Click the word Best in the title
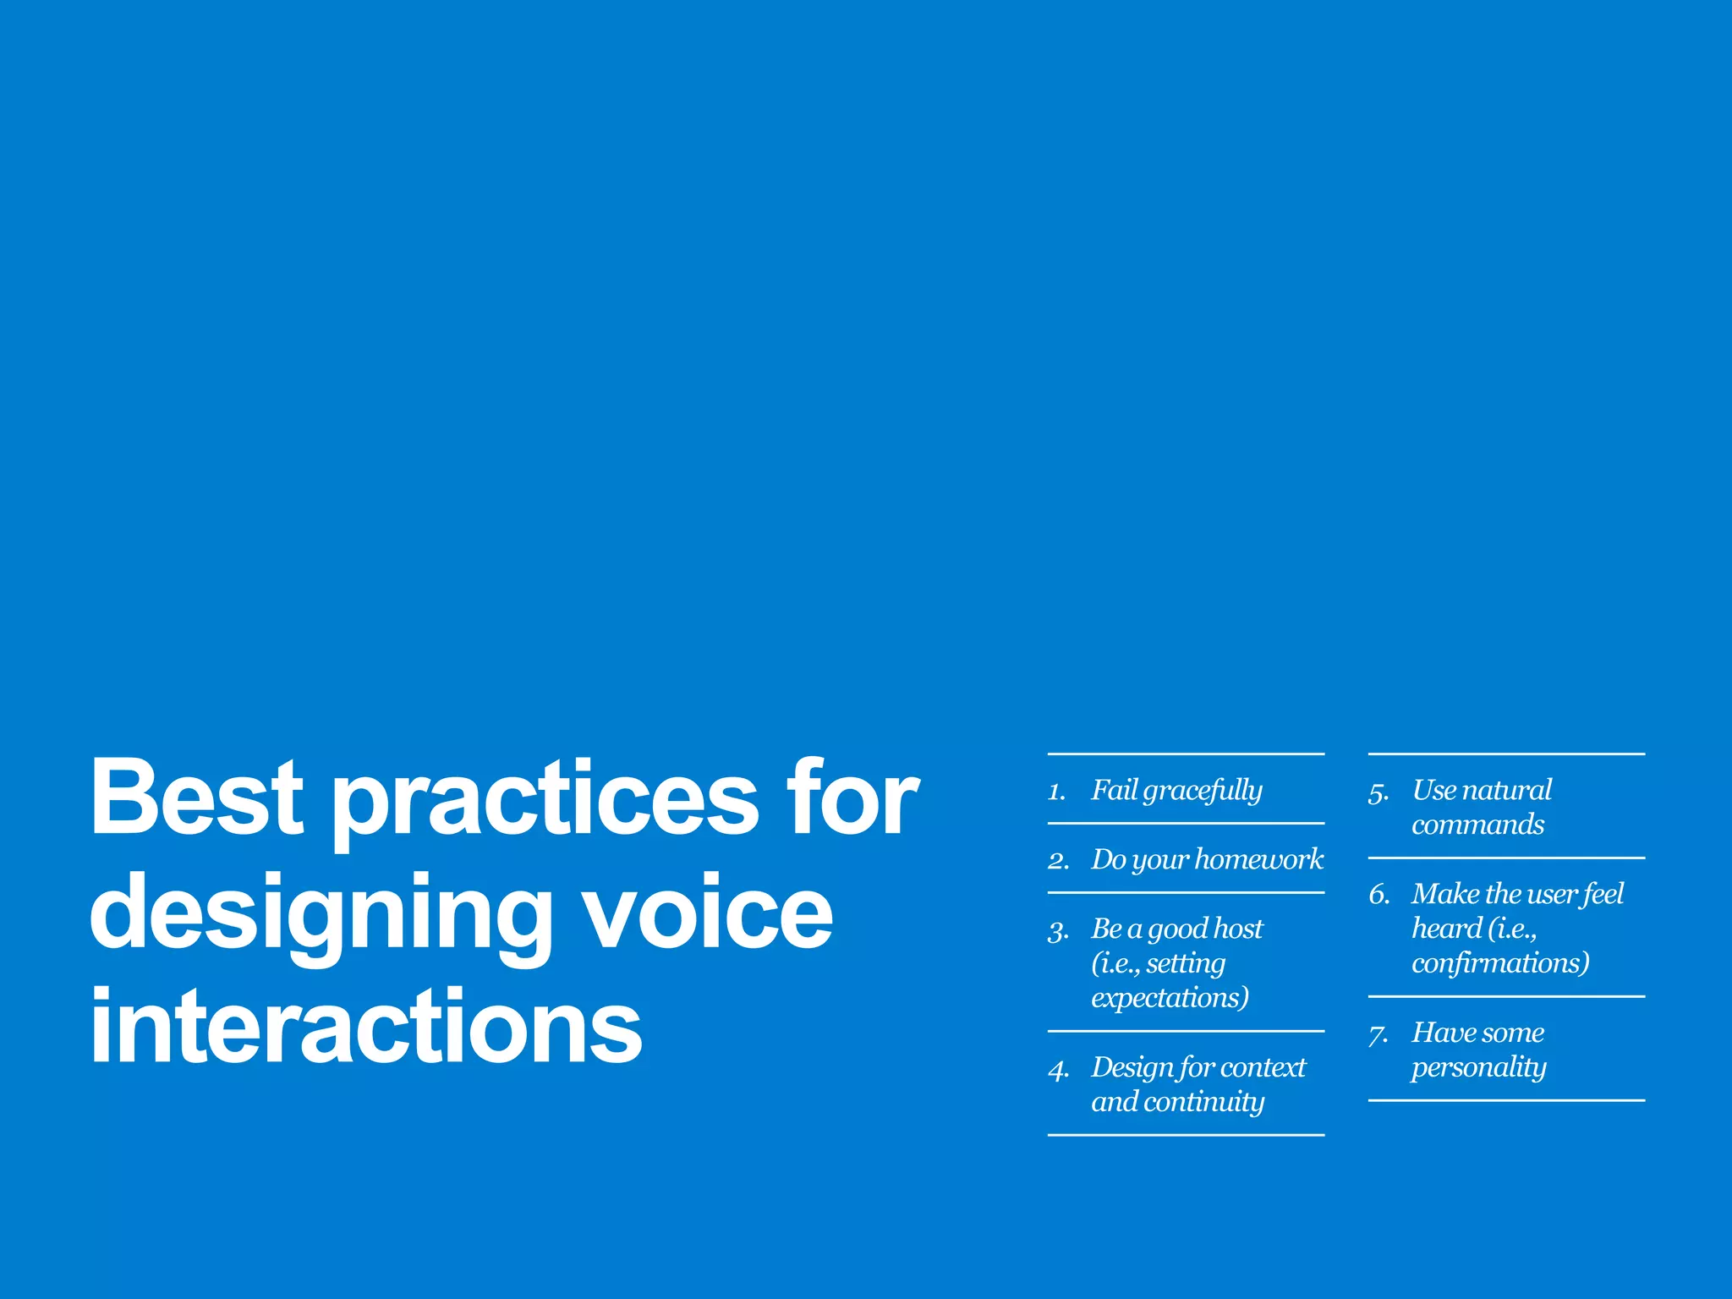coord(196,797)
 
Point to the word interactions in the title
coord(365,1027)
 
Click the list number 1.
coord(1055,792)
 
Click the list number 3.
coord(1058,931)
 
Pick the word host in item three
coord(1236,929)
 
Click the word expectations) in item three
coord(1170,998)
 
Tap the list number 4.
coord(1058,1070)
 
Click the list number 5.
coord(1378,792)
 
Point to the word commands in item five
coord(1477,825)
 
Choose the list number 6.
coord(1379,895)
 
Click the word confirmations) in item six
coord(1500,963)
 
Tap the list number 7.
coord(1378,1034)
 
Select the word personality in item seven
coord(1478,1068)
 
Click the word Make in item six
coord(1445,894)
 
